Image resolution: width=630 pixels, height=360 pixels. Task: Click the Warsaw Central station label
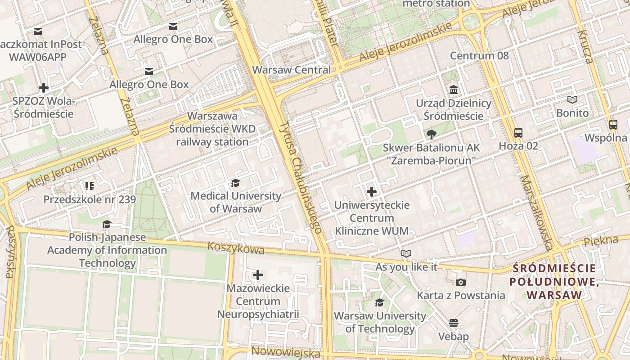point(291,70)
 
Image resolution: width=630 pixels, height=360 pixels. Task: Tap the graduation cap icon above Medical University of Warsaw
point(235,183)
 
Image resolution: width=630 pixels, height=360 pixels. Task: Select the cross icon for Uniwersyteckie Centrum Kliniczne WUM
point(372,192)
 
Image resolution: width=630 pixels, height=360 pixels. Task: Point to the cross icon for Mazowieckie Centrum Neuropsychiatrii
point(258,274)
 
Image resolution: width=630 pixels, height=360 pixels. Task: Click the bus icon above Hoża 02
point(518,133)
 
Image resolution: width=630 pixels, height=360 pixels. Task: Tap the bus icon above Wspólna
point(613,125)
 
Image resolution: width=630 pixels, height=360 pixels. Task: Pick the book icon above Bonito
point(572,99)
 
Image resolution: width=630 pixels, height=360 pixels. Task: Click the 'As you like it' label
point(406,267)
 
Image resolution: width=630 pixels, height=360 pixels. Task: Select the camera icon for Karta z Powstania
point(460,282)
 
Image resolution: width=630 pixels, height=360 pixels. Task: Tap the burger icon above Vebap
point(453,323)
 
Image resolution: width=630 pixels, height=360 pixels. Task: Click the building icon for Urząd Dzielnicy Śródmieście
point(453,90)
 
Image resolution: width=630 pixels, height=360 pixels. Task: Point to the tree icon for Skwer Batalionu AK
point(431,134)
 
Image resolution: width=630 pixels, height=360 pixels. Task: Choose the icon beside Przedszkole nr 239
point(89,186)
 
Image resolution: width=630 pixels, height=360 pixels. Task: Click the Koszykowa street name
point(236,248)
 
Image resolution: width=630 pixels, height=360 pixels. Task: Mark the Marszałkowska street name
point(536,212)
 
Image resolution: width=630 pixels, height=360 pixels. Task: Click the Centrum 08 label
point(479,56)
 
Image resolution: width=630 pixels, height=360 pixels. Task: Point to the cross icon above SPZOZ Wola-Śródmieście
point(44,87)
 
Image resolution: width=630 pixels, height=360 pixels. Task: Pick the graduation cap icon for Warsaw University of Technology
point(380,302)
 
